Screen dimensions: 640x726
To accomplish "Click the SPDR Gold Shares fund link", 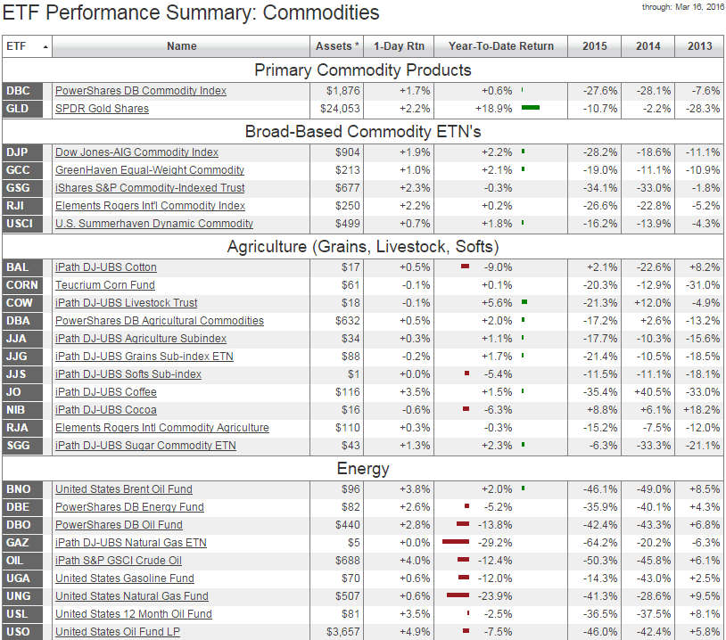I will point(102,109).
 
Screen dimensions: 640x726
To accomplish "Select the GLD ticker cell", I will point(17,109).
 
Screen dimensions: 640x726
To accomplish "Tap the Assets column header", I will point(338,46).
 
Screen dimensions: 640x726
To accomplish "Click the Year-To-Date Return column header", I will point(500,46).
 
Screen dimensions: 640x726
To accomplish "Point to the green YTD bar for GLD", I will point(531,108).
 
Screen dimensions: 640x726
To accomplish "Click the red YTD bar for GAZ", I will point(455,542).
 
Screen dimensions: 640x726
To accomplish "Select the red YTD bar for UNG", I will point(458,595).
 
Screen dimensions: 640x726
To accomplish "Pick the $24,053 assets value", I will point(340,109).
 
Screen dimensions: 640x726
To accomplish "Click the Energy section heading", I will point(363,469).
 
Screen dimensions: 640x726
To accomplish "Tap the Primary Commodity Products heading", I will point(363,70).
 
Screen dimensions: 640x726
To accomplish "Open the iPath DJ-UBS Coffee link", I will point(105,392).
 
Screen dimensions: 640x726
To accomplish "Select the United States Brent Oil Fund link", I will point(123,489).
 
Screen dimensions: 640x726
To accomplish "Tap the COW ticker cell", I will point(19,303).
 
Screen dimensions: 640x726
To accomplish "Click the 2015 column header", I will point(595,46).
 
